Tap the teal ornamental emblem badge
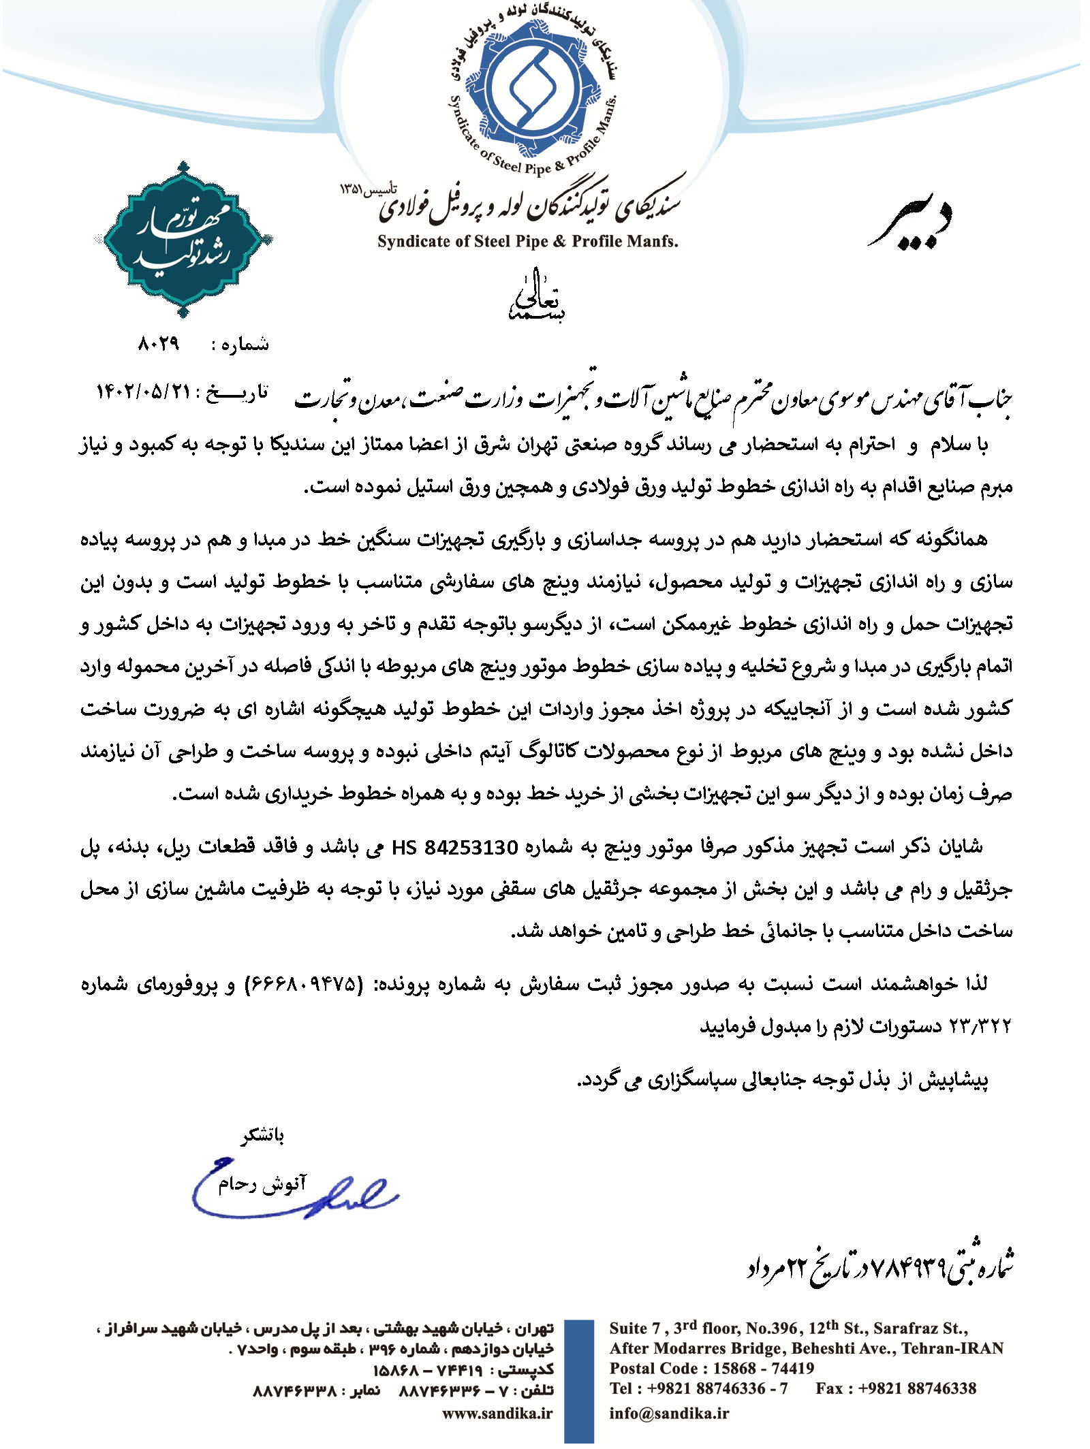point(183,240)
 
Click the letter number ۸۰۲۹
point(159,344)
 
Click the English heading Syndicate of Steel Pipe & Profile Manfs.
point(528,241)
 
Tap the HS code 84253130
point(471,848)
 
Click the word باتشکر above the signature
point(262,1135)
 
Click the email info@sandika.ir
point(668,1413)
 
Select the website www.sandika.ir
point(497,1413)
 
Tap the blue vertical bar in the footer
point(579,1382)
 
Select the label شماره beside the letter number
point(240,345)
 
